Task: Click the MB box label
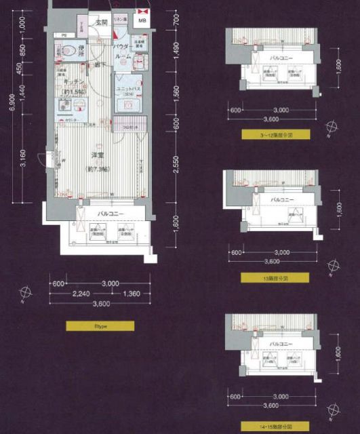142,20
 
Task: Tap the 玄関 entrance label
102,22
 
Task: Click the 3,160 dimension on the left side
23,161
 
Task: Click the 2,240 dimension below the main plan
81,294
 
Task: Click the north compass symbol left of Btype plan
26,293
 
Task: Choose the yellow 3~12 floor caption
274,135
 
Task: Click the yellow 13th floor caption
274,278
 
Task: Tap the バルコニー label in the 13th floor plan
281,201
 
